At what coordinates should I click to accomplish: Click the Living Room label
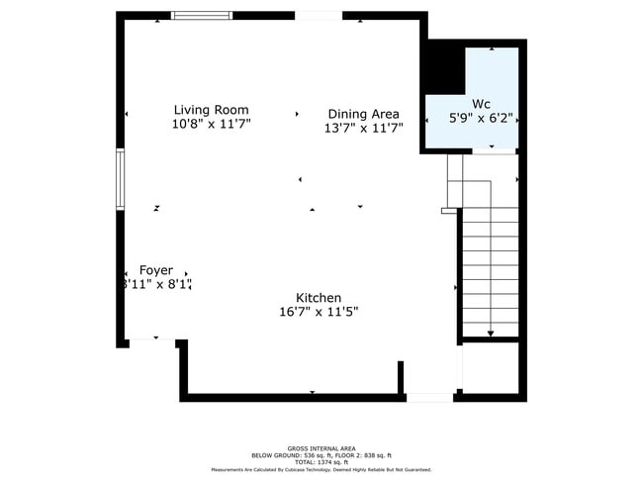pos(211,110)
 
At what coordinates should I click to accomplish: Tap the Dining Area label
pos(363,114)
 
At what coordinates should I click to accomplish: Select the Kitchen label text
pos(319,298)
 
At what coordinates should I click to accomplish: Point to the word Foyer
pos(155,270)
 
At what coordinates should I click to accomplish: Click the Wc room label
pos(481,104)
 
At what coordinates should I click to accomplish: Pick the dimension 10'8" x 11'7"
pos(211,125)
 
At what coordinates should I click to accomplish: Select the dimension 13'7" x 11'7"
pos(363,128)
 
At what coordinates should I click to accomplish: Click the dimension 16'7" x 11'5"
pos(319,312)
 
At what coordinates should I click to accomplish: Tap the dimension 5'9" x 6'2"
pos(481,118)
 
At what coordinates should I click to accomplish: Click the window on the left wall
pos(120,179)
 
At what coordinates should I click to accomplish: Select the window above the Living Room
pos(202,16)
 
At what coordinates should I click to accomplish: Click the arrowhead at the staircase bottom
pos(491,333)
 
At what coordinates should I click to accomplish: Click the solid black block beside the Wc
pos(444,68)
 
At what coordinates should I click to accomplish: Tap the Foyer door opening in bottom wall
pos(144,341)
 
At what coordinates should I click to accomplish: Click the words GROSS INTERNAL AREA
pos(321,447)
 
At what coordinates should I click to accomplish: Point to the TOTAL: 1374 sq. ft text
pos(321,462)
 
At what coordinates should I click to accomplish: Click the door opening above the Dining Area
pos(318,16)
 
